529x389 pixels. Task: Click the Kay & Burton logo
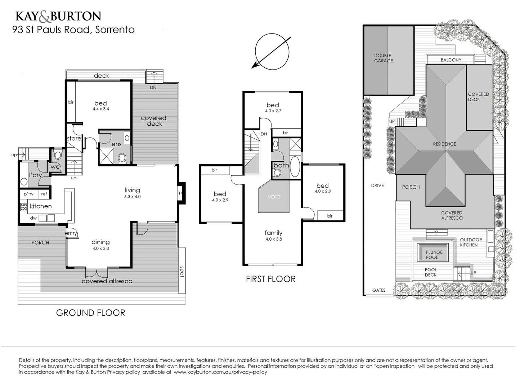(x=58, y=16)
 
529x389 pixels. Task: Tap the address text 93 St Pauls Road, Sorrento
(x=73, y=30)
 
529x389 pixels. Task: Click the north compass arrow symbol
(x=272, y=52)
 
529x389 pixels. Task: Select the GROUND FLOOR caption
(x=90, y=313)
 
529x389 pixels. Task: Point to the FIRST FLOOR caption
(x=270, y=279)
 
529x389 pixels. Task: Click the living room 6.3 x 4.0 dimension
(x=133, y=197)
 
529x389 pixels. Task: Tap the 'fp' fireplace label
(x=179, y=193)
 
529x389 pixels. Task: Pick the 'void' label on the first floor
(x=274, y=196)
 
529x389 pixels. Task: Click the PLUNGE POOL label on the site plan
(x=434, y=255)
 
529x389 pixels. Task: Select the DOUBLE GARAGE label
(x=383, y=58)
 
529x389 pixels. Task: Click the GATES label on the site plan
(x=378, y=290)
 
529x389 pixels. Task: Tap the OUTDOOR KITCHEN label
(x=470, y=242)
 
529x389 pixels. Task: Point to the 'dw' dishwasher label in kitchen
(x=33, y=218)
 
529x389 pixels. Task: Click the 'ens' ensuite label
(x=116, y=144)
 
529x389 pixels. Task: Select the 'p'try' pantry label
(x=28, y=194)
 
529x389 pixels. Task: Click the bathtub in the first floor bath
(x=295, y=166)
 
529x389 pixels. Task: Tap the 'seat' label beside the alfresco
(x=182, y=272)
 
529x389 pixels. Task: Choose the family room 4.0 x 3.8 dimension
(x=274, y=239)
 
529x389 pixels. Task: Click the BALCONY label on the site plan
(x=450, y=60)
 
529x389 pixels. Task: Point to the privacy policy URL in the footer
(x=220, y=372)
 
